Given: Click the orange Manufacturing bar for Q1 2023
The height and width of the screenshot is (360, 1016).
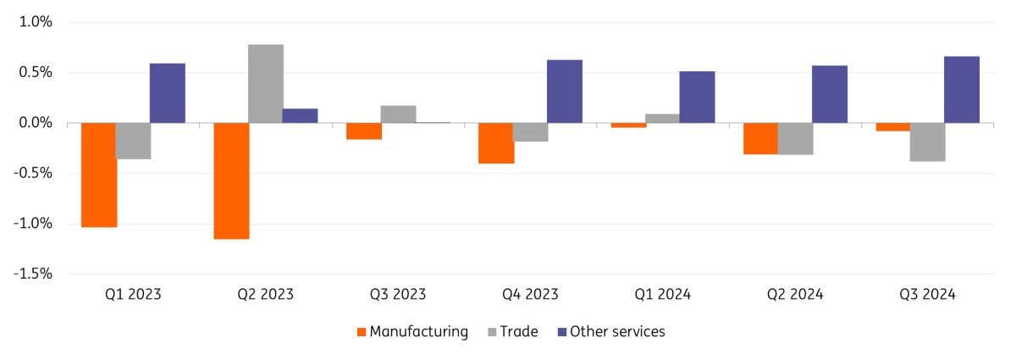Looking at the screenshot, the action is pyautogui.click(x=99, y=174).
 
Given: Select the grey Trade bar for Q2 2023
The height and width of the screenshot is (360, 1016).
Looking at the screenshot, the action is pyautogui.click(x=266, y=84).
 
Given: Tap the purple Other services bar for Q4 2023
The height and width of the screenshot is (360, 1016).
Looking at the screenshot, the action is pyautogui.click(x=565, y=91).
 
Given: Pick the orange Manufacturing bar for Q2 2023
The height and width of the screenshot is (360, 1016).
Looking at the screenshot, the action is pyautogui.click(x=231, y=180).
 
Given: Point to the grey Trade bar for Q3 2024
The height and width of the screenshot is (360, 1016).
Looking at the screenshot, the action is pyautogui.click(x=928, y=142).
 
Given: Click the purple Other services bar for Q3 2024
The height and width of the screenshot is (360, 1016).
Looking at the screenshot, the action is pyautogui.click(x=962, y=90).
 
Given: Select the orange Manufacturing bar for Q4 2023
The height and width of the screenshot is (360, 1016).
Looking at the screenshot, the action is pyautogui.click(x=496, y=143).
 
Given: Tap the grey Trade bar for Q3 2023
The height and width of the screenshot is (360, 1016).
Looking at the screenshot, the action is pyautogui.click(x=398, y=114).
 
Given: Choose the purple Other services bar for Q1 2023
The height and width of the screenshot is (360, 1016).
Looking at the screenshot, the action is pyautogui.click(x=168, y=93).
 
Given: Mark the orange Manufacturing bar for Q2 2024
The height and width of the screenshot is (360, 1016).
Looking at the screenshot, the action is pyautogui.click(x=760, y=138).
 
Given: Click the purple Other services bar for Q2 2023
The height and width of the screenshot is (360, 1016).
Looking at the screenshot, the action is pyautogui.click(x=300, y=116).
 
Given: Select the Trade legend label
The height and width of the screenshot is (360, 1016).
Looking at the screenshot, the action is pyautogui.click(x=519, y=332).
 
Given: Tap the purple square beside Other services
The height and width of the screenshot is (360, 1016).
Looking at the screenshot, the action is pyautogui.click(x=562, y=332).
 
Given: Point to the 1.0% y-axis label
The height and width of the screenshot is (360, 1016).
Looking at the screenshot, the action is pyautogui.click(x=36, y=22).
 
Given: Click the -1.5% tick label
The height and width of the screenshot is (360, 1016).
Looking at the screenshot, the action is pyautogui.click(x=33, y=274).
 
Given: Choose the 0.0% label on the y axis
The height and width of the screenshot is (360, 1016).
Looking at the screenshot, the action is pyautogui.click(x=36, y=123).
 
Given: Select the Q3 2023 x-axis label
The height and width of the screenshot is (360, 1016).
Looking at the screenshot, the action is pyautogui.click(x=398, y=295).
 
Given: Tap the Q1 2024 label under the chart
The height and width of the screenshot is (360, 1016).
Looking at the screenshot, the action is pyautogui.click(x=663, y=295).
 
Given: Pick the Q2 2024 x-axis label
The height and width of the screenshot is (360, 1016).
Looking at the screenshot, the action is pyautogui.click(x=795, y=295).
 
